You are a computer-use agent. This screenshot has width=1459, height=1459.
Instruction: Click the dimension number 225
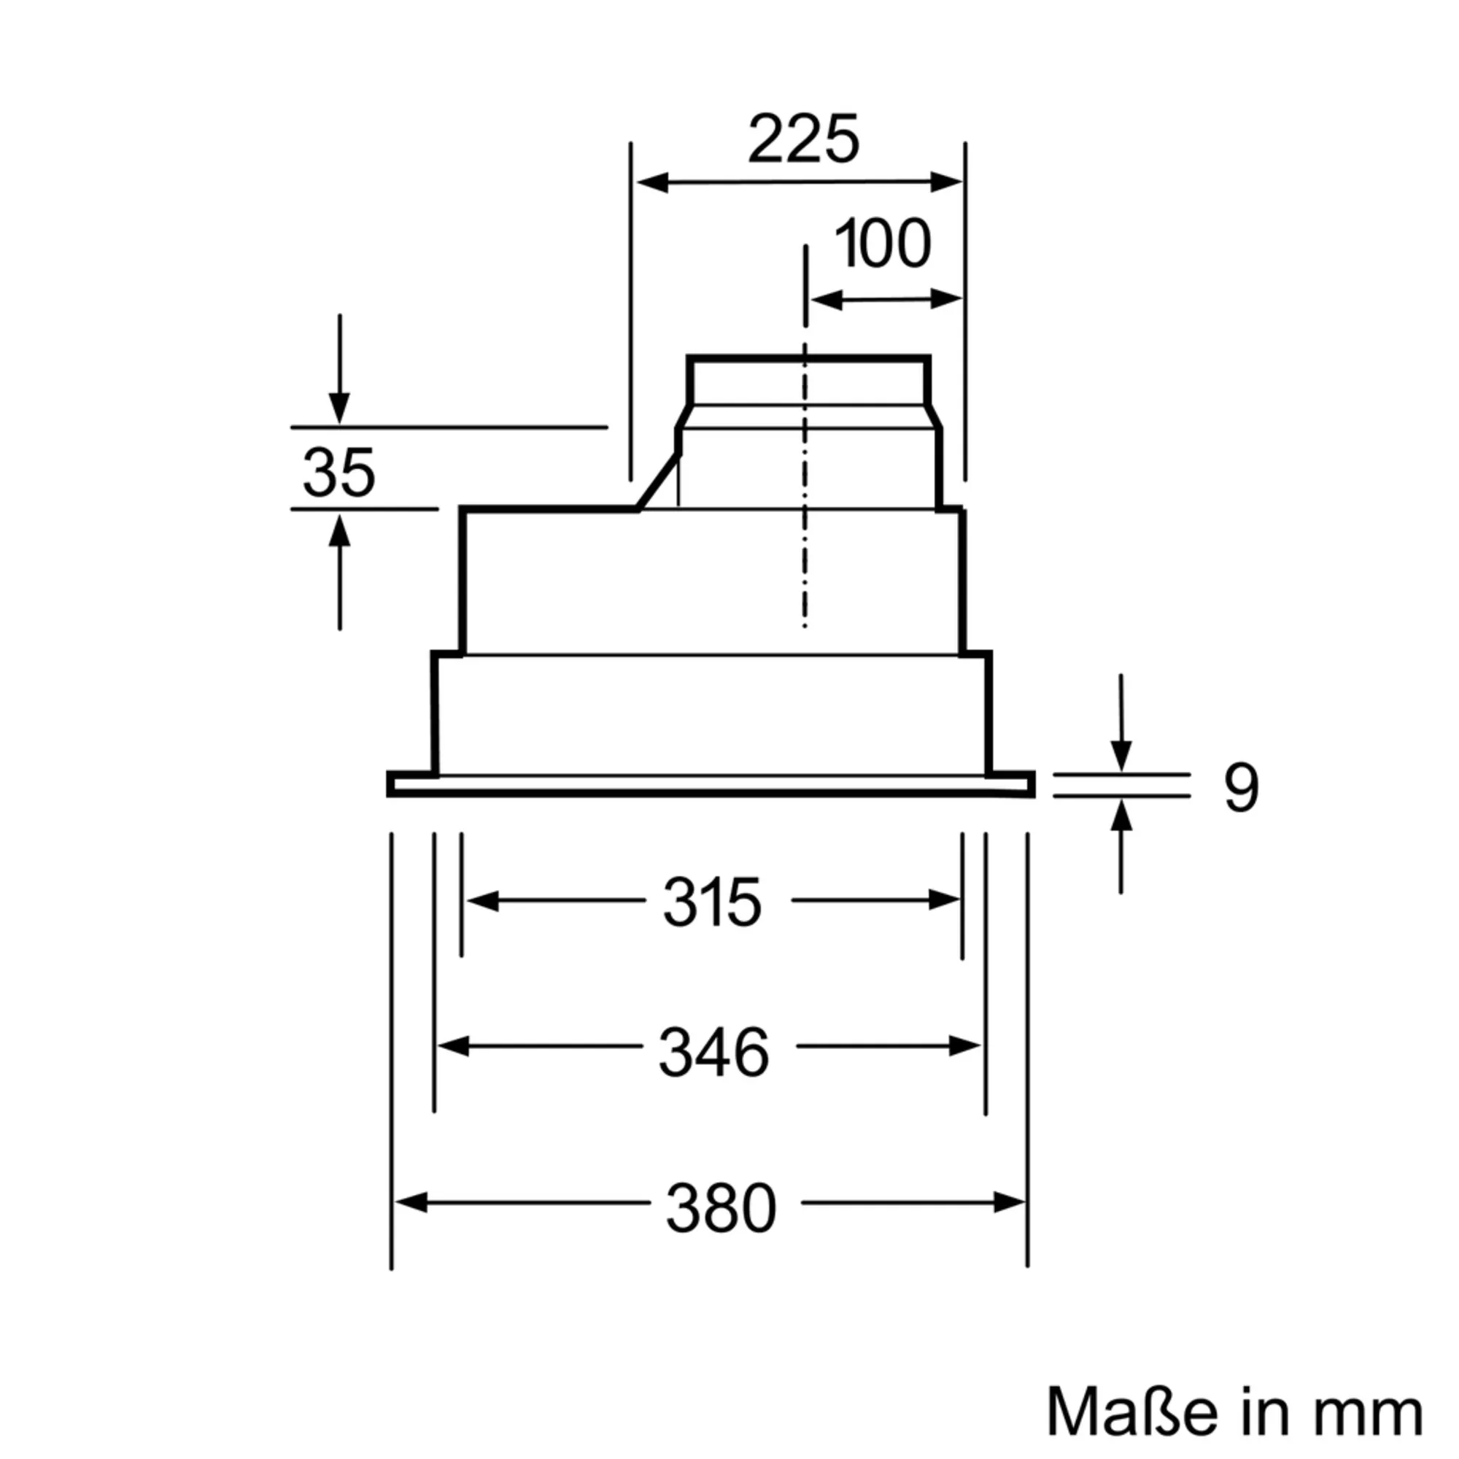803,140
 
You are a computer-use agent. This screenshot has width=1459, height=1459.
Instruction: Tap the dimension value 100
882,244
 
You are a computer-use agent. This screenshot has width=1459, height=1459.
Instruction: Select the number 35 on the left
338,473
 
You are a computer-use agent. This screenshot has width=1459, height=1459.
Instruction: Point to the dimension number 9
1241,789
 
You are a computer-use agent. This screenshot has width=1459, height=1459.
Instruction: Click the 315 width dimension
712,902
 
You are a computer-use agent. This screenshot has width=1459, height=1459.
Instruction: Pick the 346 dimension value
713,1052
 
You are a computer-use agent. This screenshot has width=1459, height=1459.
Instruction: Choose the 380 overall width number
721,1208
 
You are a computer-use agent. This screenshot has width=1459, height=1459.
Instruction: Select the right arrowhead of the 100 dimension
947,299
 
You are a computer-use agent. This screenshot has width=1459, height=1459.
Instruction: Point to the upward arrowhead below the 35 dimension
340,530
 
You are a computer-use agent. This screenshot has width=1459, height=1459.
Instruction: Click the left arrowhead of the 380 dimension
411,1202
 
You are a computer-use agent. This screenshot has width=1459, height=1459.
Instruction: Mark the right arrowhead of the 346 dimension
966,1047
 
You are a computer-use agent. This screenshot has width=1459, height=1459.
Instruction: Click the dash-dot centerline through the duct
805,529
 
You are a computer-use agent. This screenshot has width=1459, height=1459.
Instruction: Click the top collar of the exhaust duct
808,360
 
